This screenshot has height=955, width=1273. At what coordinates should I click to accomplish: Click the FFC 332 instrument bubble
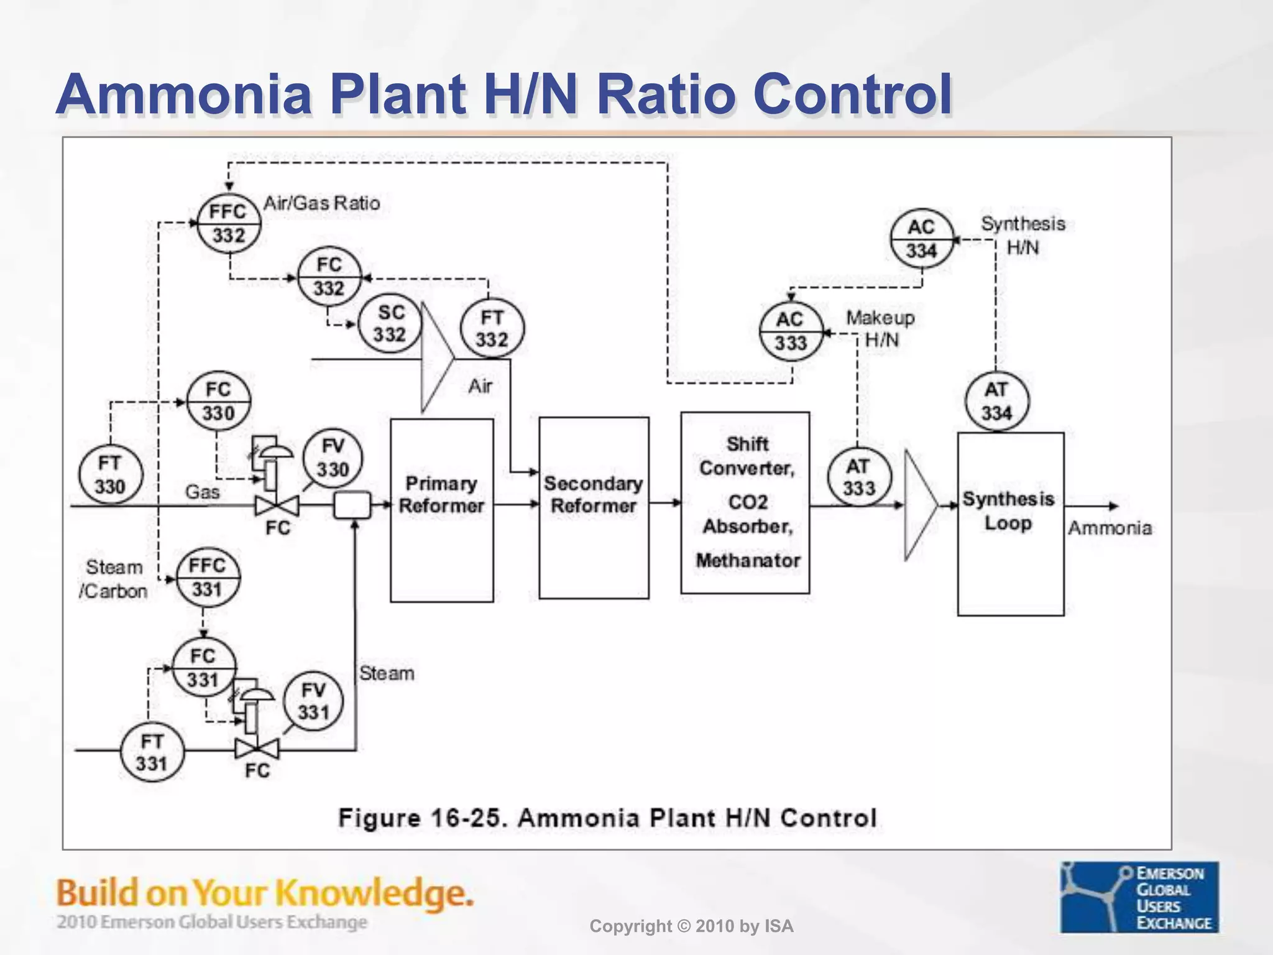[x=229, y=223]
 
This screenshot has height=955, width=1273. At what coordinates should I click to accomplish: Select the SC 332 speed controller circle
[x=390, y=323]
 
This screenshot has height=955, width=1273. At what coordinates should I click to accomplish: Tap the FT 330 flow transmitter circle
[x=110, y=475]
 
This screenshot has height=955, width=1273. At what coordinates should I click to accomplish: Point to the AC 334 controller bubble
[x=921, y=239]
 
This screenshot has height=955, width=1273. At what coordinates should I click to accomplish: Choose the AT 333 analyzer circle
[x=859, y=477]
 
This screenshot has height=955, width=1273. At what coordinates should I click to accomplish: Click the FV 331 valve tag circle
[x=313, y=701]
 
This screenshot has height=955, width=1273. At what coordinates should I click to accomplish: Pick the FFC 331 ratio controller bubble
[x=207, y=577]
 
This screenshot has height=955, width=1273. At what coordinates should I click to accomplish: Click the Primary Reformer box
[x=441, y=510]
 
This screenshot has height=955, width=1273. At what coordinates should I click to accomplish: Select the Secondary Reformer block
[x=594, y=507]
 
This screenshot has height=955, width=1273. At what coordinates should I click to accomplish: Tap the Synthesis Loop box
[x=1010, y=524]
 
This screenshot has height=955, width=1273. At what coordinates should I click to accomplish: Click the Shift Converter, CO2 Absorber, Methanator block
[x=745, y=502]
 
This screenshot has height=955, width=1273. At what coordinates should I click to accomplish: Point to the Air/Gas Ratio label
[x=321, y=203]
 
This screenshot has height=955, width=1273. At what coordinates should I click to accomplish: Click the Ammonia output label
[x=1110, y=528]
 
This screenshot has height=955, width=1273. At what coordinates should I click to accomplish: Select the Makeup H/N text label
[x=881, y=329]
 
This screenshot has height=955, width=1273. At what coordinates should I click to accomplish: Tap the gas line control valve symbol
[x=277, y=505]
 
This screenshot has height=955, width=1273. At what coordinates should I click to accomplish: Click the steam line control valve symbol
[x=257, y=749]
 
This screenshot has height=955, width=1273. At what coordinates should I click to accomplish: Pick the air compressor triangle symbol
[x=437, y=358]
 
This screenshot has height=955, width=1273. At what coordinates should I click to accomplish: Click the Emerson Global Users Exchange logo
[x=1139, y=897]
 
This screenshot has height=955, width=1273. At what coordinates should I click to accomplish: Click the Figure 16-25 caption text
[x=607, y=818]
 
